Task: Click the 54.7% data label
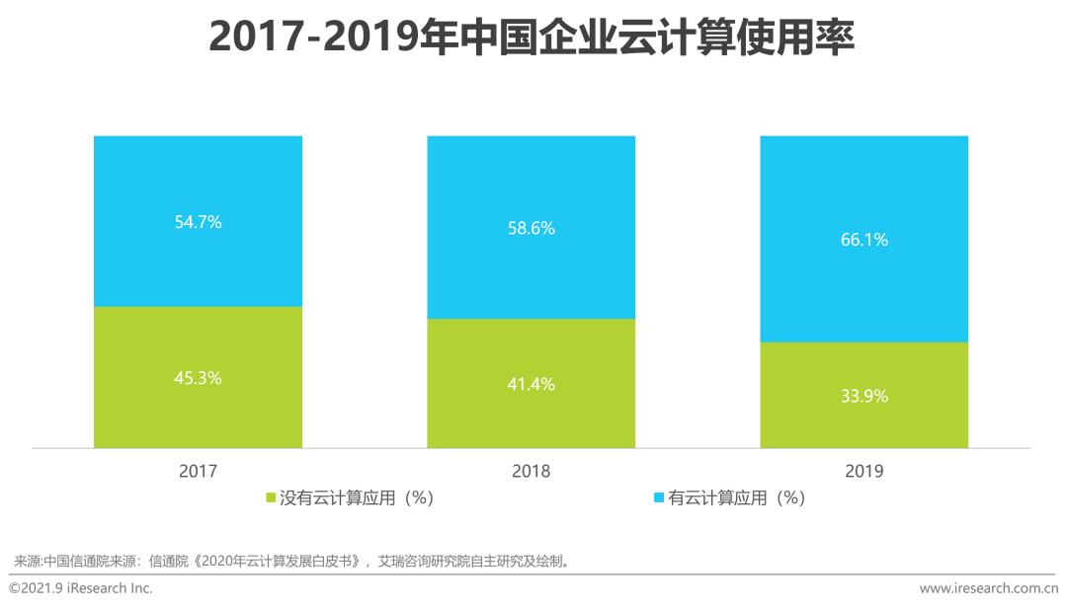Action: (x=198, y=222)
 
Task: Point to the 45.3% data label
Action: (x=198, y=378)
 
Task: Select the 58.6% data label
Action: (x=531, y=228)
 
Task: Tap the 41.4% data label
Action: (x=531, y=384)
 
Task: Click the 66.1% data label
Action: (x=863, y=240)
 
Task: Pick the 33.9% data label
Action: (x=863, y=396)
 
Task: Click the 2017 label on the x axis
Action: (x=198, y=472)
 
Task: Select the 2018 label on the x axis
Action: (x=531, y=472)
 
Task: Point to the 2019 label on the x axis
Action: (x=863, y=472)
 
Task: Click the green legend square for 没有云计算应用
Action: (x=272, y=498)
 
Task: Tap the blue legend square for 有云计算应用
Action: (x=659, y=498)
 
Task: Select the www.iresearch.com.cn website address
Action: (x=988, y=588)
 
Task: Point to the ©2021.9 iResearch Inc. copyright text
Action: (x=81, y=588)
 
